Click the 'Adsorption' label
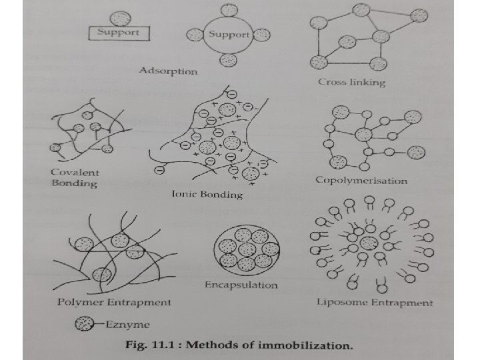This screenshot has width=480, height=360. coord(168,71)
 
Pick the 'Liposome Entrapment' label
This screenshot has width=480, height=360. coord(375,303)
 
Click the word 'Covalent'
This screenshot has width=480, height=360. coord(74,172)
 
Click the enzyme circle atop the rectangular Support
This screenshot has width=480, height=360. coord(116,15)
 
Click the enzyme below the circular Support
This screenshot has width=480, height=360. coord(229,60)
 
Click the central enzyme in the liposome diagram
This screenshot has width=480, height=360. coord(369,243)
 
